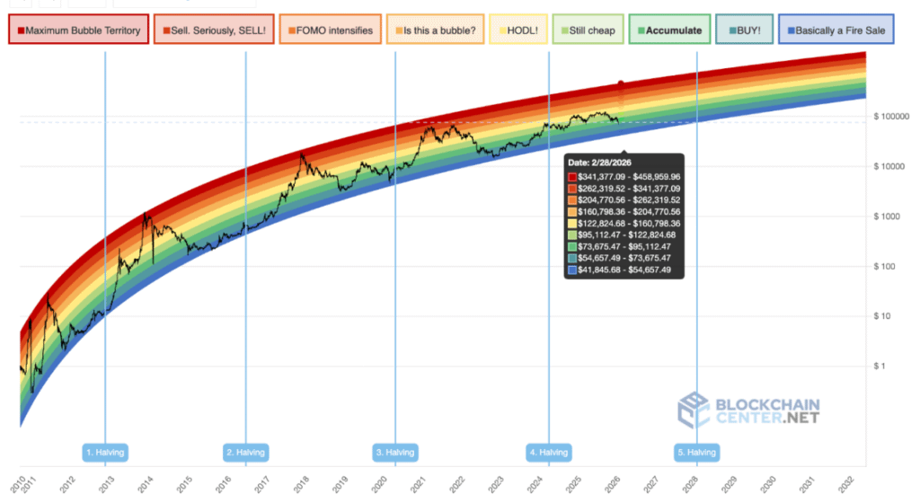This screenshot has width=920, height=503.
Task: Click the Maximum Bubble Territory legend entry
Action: point(78,31)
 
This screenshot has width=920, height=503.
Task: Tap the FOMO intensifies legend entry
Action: point(330,31)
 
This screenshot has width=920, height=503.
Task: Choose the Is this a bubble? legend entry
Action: point(436,31)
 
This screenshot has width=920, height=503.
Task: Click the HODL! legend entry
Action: point(517,31)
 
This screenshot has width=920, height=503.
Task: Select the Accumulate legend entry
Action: point(669,31)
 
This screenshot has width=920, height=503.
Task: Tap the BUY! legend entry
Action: point(744,31)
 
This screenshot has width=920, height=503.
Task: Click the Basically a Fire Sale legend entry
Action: point(836,31)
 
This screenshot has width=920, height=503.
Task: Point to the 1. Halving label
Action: point(105,452)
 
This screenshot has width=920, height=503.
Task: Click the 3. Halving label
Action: point(395,452)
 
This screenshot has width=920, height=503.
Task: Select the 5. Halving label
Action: point(696,452)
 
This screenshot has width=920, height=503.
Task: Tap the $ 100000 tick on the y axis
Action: point(893,117)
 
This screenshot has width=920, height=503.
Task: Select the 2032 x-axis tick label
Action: point(847,484)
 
